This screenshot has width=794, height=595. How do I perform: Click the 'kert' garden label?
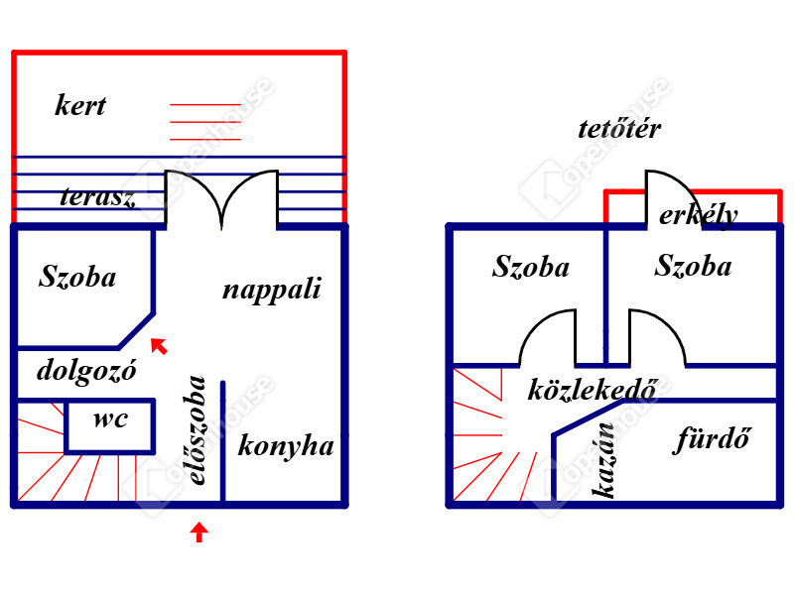(80, 105)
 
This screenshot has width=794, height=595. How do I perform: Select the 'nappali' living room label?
(271, 290)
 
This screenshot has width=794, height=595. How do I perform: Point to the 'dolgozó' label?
(86, 370)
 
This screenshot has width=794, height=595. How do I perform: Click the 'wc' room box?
(110, 420)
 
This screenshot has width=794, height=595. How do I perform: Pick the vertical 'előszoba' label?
(198, 429)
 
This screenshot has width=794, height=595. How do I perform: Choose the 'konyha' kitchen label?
(286, 445)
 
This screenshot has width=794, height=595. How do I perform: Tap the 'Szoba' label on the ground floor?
(77, 276)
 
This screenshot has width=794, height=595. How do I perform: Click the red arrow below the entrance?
(199, 532)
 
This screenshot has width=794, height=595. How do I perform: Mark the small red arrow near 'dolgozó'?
(158, 345)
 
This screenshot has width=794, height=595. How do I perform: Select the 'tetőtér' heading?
(619, 128)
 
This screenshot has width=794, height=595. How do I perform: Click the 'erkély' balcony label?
(698, 214)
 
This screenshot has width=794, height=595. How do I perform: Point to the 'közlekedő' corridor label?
(593, 390)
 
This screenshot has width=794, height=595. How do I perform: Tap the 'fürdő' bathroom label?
(712, 437)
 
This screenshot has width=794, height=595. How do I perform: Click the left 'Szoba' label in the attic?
(531, 266)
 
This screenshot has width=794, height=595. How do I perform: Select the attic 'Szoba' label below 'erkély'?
(694, 265)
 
